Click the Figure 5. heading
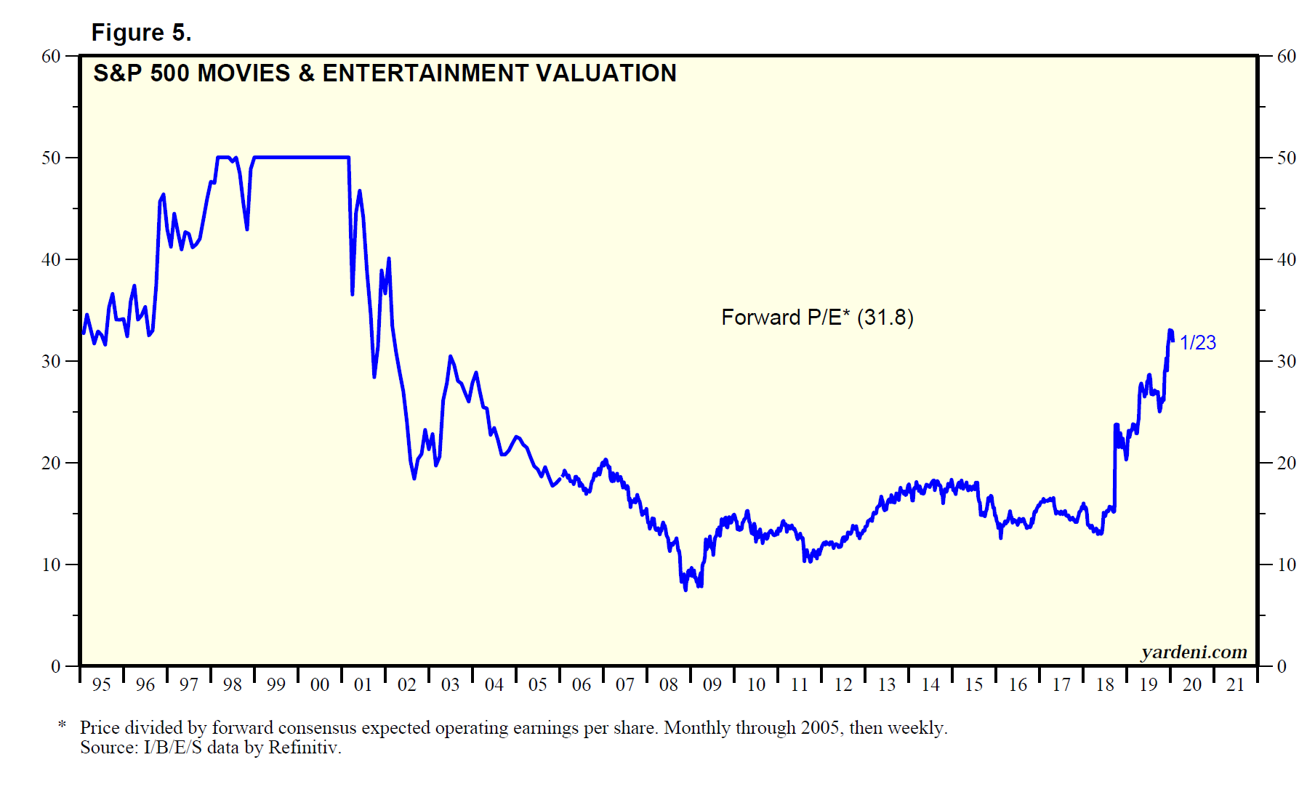[x=141, y=33]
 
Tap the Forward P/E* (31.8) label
[x=817, y=317]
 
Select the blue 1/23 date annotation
[x=1197, y=343]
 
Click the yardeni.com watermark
[x=1194, y=652]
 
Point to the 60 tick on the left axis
[x=51, y=57]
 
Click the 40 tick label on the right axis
[x=1286, y=260]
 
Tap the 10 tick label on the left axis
[x=51, y=565]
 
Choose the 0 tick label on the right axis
[x=1282, y=667]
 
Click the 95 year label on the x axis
[x=102, y=685]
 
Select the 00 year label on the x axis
[x=320, y=685]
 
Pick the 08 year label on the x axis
[x=669, y=685]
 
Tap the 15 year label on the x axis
[x=974, y=685]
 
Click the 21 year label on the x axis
[x=1236, y=685]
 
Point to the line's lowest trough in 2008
[x=685, y=589]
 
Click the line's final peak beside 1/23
[x=1170, y=331]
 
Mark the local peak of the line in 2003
[x=451, y=356]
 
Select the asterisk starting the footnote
[x=63, y=725]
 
